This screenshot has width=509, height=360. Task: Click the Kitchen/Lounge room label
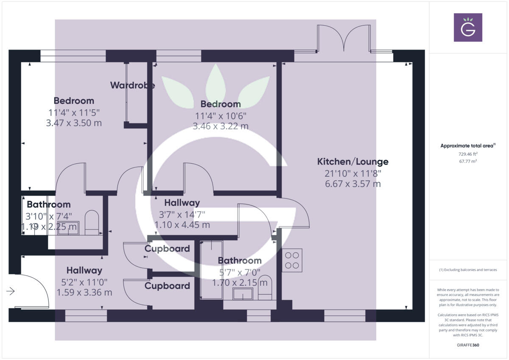pyautogui.click(x=353, y=162)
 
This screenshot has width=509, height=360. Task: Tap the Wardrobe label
pyautogui.click(x=132, y=85)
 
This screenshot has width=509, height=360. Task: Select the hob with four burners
pyautogui.click(x=292, y=260)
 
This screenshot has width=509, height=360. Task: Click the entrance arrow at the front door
pyautogui.click(x=11, y=291)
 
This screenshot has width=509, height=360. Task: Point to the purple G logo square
pyautogui.click(x=468, y=28)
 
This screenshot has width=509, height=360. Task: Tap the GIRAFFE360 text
pyautogui.click(x=468, y=345)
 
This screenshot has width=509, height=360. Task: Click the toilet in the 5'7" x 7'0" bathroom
pyautogui.click(x=265, y=287)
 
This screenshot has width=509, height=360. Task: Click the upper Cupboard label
pyautogui.click(x=167, y=248)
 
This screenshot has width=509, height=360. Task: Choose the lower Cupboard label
pyautogui.click(x=167, y=286)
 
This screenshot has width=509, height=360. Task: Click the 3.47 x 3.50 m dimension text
pyautogui.click(x=74, y=123)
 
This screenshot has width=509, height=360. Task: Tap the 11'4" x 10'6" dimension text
pyautogui.click(x=221, y=115)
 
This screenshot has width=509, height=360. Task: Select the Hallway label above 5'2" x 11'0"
pyautogui.click(x=84, y=270)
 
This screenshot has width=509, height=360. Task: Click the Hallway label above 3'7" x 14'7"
pyautogui.click(x=182, y=203)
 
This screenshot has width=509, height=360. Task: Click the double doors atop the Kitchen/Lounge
pyautogui.click(x=344, y=39)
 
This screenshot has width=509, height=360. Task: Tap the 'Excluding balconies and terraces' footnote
pyautogui.click(x=468, y=270)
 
